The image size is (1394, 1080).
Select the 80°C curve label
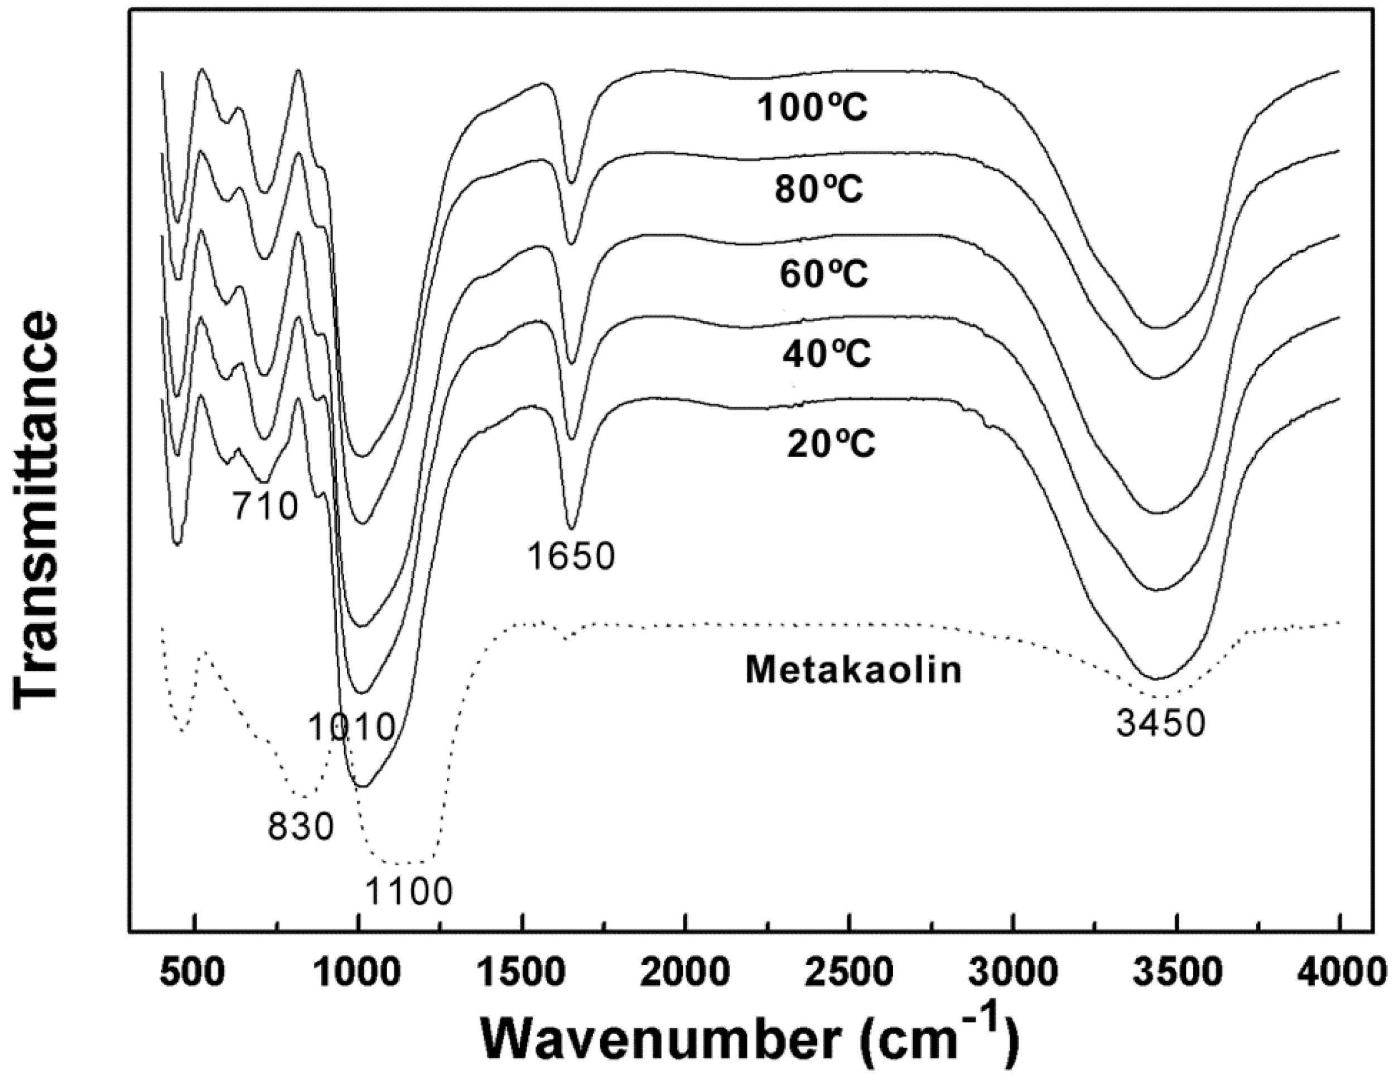click(x=819, y=190)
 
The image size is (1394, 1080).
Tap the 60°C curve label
click(x=823, y=274)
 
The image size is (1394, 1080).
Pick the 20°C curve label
click(x=831, y=443)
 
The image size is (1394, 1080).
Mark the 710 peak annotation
click(x=264, y=507)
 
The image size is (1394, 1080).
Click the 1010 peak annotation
click(x=351, y=727)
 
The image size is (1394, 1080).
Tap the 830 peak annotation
click(x=300, y=828)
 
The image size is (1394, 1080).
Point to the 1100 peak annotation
click(x=408, y=891)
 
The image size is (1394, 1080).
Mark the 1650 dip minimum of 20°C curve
click(x=571, y=527)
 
